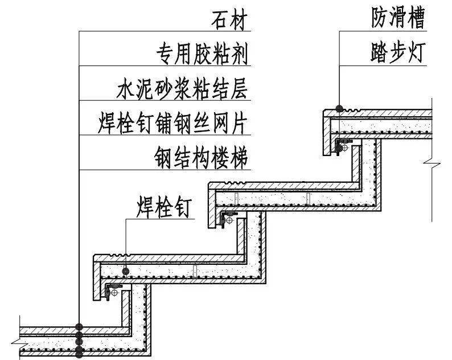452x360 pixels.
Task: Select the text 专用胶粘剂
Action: (x=202, y=55)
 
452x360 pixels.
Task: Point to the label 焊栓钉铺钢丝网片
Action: (x=172, y=123)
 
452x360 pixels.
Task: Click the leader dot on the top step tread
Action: (x=339, y=108)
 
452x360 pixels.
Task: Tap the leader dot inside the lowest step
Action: (x=126, y=270)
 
